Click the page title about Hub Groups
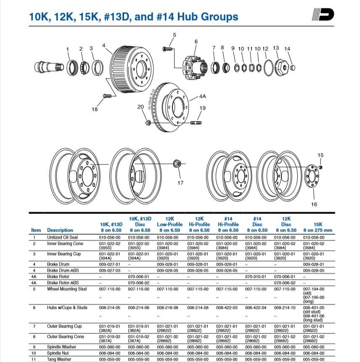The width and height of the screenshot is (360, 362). (x=133, y=17)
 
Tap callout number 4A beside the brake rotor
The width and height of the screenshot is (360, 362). (x=202, y=96)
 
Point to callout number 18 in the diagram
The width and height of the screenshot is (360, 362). (x=95, y=109)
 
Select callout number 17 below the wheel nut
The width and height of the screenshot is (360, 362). (x=180, y=182)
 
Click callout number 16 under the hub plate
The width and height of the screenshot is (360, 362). (x=314, y=204)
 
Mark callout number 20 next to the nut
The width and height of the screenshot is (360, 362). (x=140, y=107)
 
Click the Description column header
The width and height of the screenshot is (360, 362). (x=60, y=230)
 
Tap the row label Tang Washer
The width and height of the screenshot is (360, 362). (x=59, y=359)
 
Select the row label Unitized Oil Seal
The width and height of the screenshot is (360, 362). (x=62, y=237)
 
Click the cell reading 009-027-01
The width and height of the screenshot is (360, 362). (x=110, y=264)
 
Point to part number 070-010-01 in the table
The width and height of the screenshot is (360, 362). (x=256, y=277)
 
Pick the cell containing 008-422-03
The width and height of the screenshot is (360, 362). (x=227, y=307)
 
